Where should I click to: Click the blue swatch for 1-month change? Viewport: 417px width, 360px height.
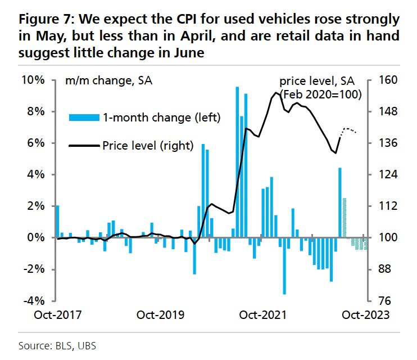tap(83, 118)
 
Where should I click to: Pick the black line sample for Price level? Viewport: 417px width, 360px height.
tap(83, 146)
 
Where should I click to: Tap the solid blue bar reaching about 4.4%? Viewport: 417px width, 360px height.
tap(340, 202)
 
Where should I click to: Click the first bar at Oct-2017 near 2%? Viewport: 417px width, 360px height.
tap(57, 222)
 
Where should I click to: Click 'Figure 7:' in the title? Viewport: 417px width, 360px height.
tap(45, 21)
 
